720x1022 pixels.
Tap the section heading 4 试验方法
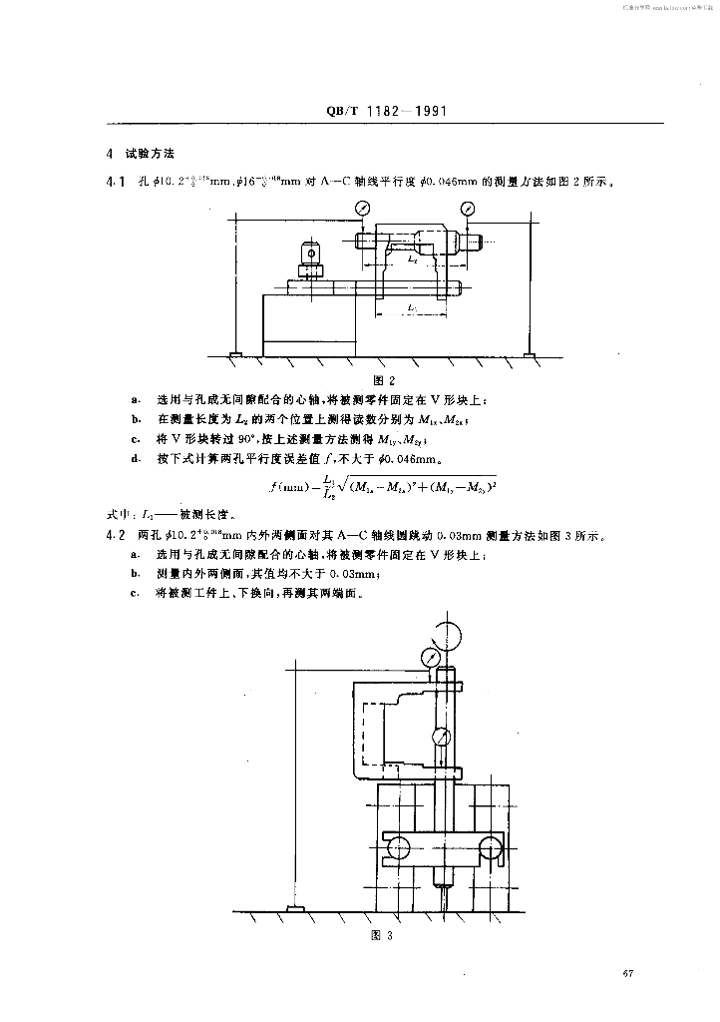click(141, 156)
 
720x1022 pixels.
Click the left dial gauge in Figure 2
click(362, 208)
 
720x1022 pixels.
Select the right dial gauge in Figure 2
click(468, 208)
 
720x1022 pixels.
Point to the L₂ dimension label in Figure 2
click(413, 257)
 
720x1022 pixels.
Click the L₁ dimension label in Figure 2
click(413, 310)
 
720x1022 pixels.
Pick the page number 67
click(627, 974)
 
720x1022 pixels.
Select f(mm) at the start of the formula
click(289, 486)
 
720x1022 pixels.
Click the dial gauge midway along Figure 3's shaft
click(439, 738)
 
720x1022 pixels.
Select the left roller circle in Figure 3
click(397, 847)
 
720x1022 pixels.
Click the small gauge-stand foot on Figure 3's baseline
click(296, 907)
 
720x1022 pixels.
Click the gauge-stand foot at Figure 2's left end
click(233, 354)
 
